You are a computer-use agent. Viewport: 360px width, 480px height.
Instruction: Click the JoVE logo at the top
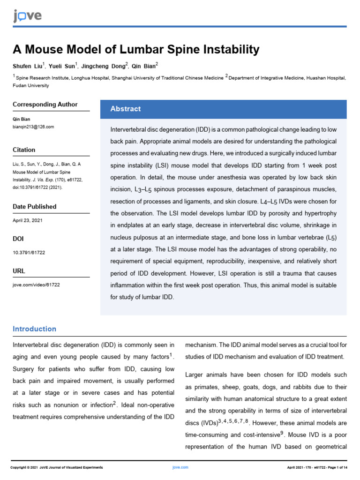click(27, 16)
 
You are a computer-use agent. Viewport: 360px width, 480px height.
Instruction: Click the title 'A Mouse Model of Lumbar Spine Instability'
click(135, 49)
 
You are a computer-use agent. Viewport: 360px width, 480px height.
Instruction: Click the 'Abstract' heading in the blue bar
click(125, 109)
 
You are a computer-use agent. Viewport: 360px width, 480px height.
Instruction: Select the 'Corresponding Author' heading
click(45, 105)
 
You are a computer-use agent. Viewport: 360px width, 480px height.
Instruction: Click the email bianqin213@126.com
click(33, 127)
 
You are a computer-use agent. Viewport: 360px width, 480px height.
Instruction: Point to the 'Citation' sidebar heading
click(24, 150)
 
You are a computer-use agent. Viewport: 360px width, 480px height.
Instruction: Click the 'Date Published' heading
click(34, 207)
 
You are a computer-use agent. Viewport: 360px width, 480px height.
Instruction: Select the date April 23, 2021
click(28, 220)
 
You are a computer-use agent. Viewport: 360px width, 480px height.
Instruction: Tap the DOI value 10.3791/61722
click(28, 252)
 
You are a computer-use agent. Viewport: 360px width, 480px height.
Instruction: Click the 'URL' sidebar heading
click(19, 271)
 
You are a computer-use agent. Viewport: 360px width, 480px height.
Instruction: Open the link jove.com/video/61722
click(36, 285)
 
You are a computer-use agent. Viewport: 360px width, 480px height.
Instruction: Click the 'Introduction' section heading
click(34, 329)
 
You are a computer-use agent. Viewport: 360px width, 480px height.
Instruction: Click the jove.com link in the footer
click(180, 467)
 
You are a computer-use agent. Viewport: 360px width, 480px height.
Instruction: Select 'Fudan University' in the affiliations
click(30, 86)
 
